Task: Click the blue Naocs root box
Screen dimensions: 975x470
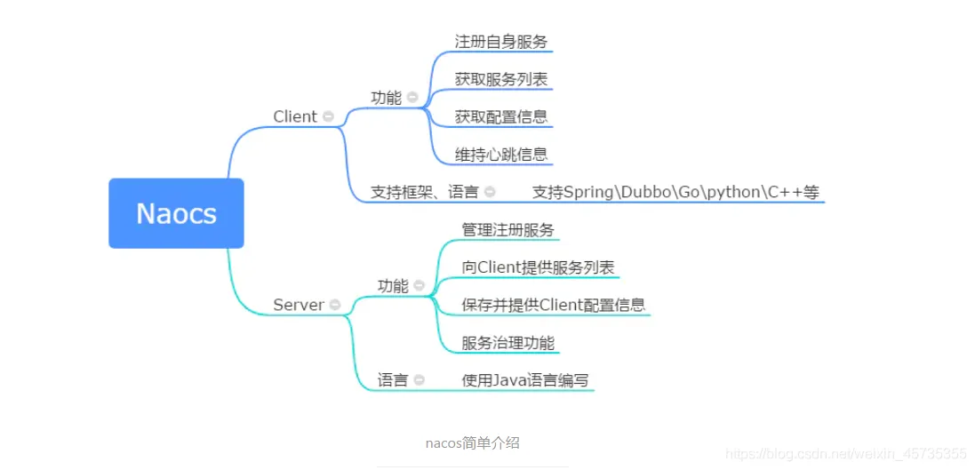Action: [x=176, y=213]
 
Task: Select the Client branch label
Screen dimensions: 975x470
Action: [x=295, y=116]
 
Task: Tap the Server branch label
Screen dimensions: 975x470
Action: [x=300, y=305]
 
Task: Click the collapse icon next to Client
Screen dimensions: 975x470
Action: [x=328, y=116]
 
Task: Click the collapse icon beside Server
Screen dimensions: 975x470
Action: [x=335, y=305]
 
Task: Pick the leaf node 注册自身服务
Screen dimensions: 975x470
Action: [x=501, y=43]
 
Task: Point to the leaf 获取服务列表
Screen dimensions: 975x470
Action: [x=501, y=80]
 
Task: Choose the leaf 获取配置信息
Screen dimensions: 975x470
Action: [x=501, y=116]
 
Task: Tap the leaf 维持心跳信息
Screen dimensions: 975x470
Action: [x=501, y=154]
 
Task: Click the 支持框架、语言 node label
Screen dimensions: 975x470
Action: [x=425, y=192]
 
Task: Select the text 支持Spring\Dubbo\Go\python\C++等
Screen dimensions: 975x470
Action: [x=675, y=192]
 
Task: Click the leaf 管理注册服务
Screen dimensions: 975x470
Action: [x=508, y=230]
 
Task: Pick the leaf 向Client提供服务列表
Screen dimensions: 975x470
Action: [x=539, y=267]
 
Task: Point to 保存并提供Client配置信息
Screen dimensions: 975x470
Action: [x=554, y=306]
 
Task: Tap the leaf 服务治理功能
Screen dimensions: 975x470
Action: [x=508, y=343]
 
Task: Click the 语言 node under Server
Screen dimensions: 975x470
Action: [x=393, y=380]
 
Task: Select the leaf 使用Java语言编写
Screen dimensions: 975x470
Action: [x=525, y=380]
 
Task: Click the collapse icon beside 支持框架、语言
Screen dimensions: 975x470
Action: [x=490, y=192]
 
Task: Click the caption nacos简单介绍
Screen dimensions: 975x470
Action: [x=473, y=443]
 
